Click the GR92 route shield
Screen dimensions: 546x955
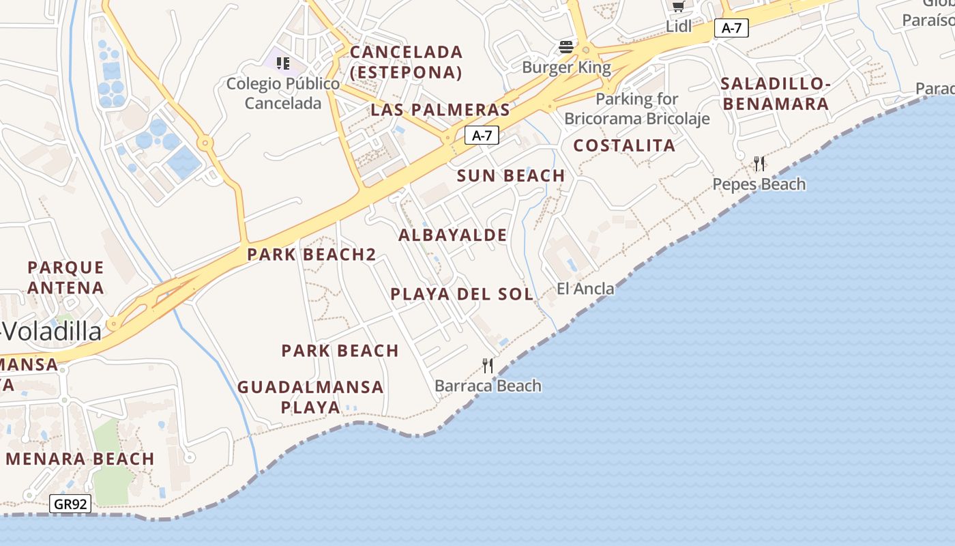[x=70, y=504]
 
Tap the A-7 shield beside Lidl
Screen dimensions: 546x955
[x=731, y=28]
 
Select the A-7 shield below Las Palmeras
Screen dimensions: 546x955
[x=482, y=135]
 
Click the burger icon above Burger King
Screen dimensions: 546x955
[x=566, y=47]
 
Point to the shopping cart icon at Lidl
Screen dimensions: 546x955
[x=678, y=6]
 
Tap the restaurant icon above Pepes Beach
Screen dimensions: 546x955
[x=759, y=164]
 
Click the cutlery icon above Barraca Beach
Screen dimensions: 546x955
[x=488, y=366]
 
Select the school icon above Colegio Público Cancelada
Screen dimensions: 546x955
[x=283, y=63]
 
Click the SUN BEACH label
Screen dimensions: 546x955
[x=511, y=175]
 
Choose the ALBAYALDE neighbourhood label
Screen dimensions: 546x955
[x=453, y=235]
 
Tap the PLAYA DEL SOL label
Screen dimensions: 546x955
[x=462, y=294]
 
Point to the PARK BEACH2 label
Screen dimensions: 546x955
[x=311, y=255]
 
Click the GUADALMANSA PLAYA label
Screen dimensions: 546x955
[x=310, y=397]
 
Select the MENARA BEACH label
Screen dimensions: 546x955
[x=80, y=459]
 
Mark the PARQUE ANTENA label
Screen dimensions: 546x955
[x=65, y=277]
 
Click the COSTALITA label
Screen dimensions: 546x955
[x=624, y=145]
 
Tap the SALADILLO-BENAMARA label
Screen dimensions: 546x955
[x=776, y=94]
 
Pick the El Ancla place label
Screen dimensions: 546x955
[x=585, y=289]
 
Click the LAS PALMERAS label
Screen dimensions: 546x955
[x=440, y=110]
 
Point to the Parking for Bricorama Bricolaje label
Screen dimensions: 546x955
[x=637, y=109]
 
